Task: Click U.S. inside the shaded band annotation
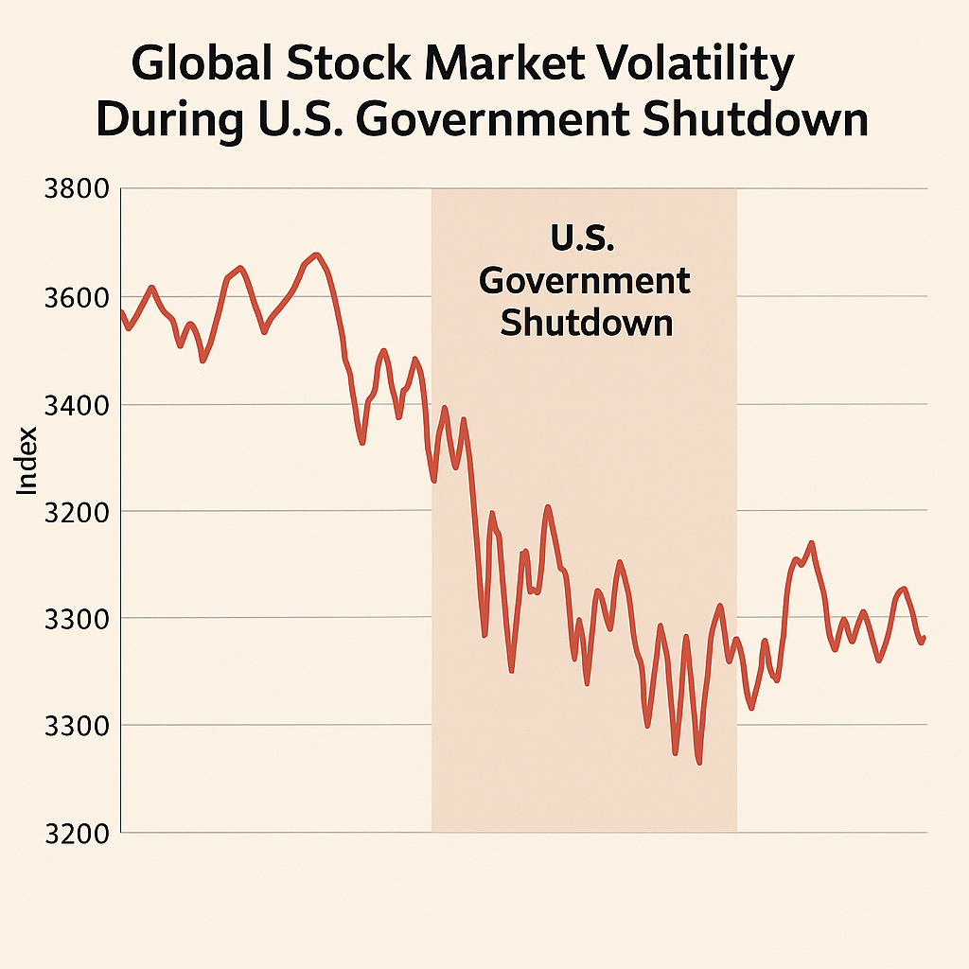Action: (583, 238)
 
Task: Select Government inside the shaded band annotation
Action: (585, 280)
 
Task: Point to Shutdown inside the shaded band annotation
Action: (586, 323)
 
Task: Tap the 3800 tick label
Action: (77, 189)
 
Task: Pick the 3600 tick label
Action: (77, 297)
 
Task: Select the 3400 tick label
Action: (77, 405)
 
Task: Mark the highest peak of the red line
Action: (316, 255)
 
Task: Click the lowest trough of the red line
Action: (698, 763)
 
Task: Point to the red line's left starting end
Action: (122, 311)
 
